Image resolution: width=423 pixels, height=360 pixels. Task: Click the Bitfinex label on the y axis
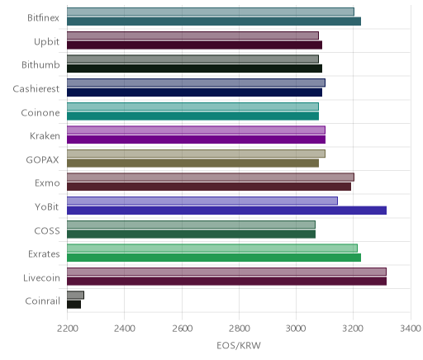point(43,18)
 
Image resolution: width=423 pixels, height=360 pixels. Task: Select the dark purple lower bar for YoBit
point(226,211)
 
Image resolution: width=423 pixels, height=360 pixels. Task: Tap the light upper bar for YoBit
point(202,201)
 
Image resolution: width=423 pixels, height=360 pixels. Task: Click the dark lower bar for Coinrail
point(74,305)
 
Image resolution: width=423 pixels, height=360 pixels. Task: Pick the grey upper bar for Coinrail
point(75,295)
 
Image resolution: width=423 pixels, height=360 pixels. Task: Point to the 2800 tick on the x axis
point(239,329)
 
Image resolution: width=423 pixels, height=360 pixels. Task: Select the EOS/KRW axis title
point(239,345)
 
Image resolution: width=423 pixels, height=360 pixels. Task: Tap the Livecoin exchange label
point(41,278)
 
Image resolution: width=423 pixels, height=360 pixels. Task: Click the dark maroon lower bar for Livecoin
point(226,282)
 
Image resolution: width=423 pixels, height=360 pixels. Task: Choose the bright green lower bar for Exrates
point(214,258)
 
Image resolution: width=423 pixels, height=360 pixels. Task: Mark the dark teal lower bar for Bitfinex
point(214,21)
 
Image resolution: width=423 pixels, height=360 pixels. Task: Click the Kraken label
point(45,136)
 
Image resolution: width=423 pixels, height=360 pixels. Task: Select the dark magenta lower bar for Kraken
point(196,140)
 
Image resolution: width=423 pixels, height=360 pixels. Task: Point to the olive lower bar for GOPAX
point(192,163)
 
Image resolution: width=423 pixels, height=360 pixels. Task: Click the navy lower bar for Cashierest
point(194,92)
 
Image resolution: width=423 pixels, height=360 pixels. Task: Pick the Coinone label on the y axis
point(40,113)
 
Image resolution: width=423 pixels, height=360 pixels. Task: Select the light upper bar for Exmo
point(211,178)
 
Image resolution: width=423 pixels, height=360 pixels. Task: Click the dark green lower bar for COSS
point(191,234)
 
